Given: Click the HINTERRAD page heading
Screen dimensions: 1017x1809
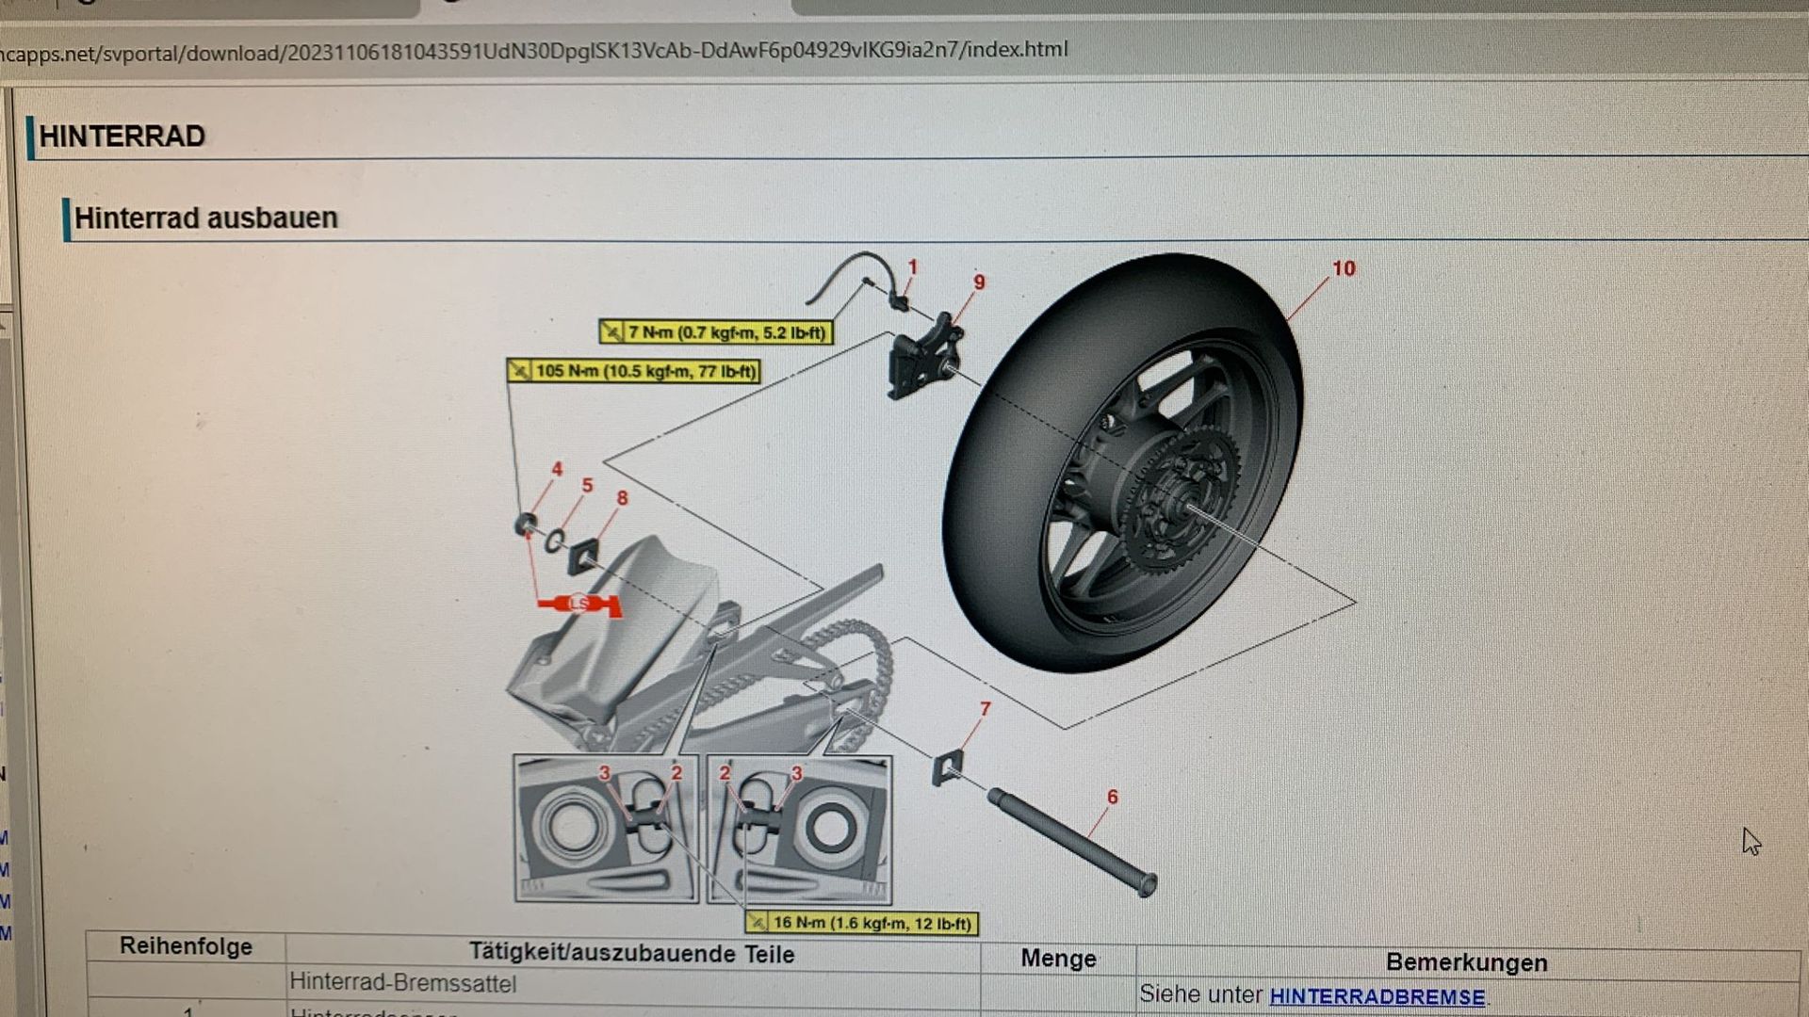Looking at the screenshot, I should click(122, 137).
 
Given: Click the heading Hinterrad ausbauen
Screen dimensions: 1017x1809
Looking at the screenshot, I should click(205, 218).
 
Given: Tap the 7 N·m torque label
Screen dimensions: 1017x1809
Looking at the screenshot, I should click(716, 332).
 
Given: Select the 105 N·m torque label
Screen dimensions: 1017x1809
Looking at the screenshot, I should click(634, 371).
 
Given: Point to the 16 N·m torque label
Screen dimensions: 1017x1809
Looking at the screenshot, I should click(861, 924).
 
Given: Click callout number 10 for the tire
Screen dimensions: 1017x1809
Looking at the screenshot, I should click(1343, 269).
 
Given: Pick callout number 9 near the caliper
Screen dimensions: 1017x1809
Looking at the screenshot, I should click(979, 282).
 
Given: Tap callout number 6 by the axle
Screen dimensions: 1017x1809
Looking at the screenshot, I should click(1112, 798).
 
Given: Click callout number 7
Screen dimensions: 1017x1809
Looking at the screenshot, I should click(985, 709).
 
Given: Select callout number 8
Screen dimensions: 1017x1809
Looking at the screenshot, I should click(622, 498).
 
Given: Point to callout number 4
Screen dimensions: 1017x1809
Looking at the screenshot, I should click(557, 469).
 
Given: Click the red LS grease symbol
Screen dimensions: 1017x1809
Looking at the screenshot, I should click(579, 604).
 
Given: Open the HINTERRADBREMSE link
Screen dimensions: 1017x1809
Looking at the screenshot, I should click(1377, 996).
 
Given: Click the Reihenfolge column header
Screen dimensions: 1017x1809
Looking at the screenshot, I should click(186, 947).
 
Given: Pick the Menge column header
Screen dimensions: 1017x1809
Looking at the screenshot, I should click(1058, 959).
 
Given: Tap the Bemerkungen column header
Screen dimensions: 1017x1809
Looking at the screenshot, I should click(1466, 962).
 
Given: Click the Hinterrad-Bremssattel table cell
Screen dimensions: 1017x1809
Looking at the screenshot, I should click(402, 983).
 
